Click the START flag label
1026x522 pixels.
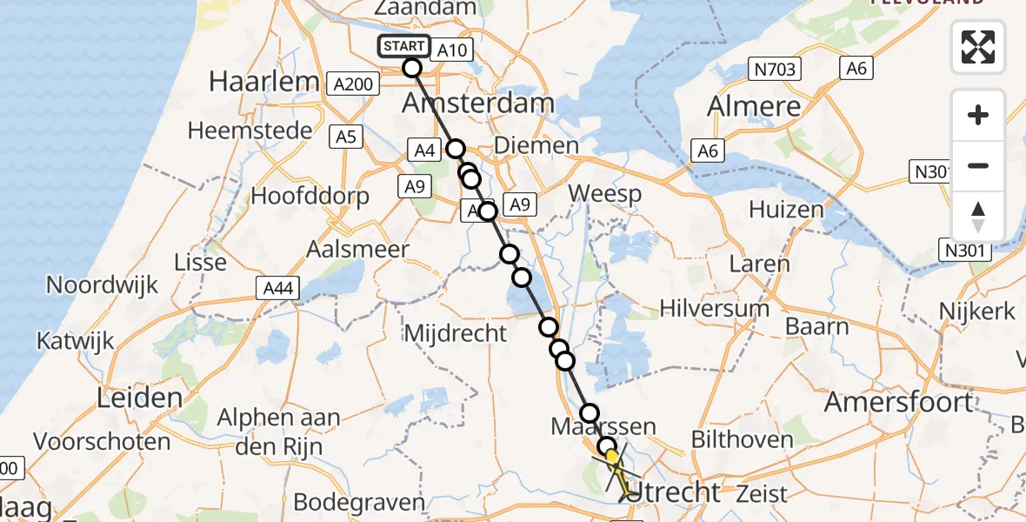tap(403, 46)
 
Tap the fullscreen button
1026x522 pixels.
tap(978, 47)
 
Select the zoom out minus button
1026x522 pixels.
tap(978, 166)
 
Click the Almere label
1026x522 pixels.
tap(754, 107)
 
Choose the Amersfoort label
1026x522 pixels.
tap(898, 402)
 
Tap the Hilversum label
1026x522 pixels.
tap(714, 309)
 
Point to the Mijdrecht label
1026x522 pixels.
tap(456, 332)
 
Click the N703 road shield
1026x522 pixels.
tap(776, 70)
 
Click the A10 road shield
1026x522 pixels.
tap(451, 50)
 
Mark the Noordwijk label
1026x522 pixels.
tap(102, 284)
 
